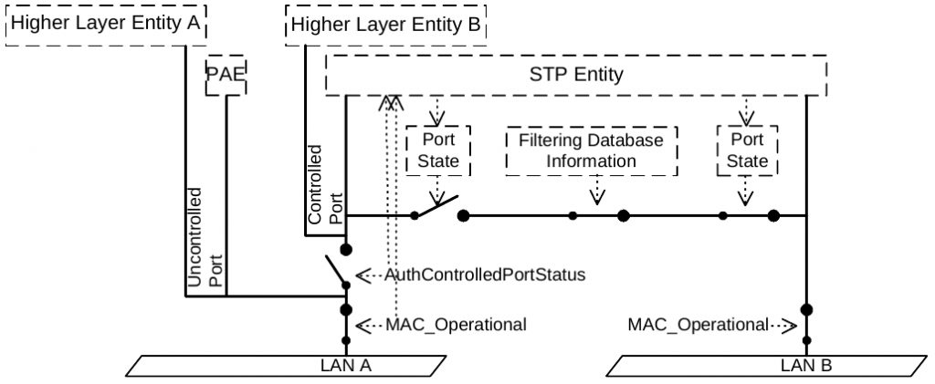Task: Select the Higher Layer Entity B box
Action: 386,25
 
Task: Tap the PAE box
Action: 226,76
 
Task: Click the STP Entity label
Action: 576,75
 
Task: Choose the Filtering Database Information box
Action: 592,150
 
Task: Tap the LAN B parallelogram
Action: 769,366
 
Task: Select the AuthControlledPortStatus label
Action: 484,275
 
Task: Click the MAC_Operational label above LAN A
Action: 457,325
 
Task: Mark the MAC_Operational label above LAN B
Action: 699,325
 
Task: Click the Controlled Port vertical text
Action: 324,184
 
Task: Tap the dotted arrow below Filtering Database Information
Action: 597,190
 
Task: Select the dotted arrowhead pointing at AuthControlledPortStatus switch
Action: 363,275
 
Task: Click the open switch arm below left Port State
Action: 436,206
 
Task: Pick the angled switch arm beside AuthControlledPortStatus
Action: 336,271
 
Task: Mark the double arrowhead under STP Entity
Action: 391,102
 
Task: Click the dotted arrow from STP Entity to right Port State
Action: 745,111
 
